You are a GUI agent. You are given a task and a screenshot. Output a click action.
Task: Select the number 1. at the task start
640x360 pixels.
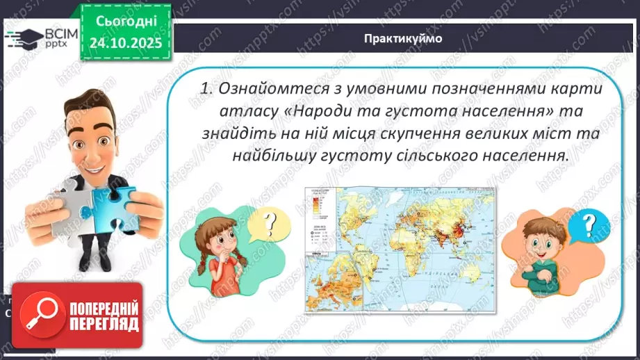point(206,89)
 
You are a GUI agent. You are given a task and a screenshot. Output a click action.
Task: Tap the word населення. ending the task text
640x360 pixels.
point(526,156)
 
